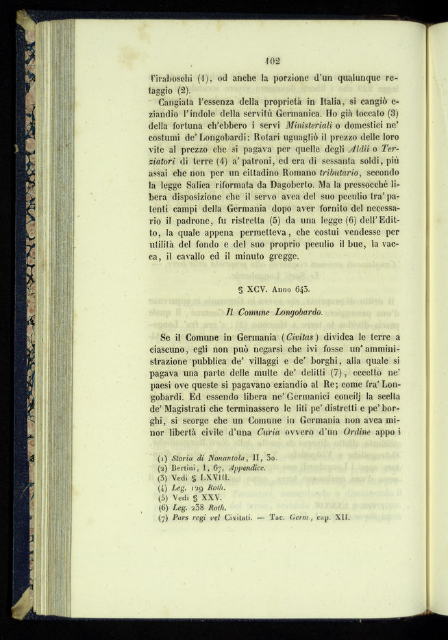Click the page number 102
pos(272,61)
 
